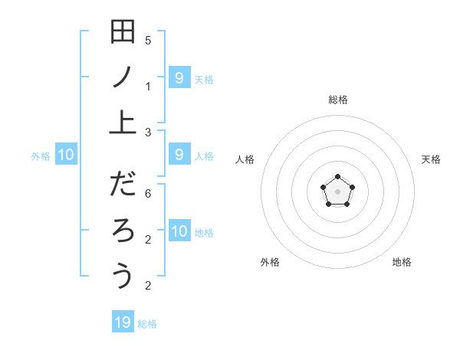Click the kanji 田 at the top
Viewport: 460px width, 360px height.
(123, 33)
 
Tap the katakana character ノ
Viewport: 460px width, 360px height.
(123, 77)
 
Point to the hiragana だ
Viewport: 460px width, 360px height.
(123, 185)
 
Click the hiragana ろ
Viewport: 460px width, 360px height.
(123, 230)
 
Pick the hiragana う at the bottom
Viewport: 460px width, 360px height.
(123, 275)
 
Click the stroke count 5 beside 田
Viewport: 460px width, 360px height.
(148, 41)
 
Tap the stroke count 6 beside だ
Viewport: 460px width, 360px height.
(148, 195)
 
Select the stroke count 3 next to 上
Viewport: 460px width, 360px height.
(148, 132)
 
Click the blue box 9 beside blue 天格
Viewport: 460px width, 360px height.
(179, 77)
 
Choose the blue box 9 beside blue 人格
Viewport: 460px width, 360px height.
(179, 155)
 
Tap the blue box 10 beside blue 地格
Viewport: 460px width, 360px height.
(179, 231)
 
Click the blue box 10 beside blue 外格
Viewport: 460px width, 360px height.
(66, 155)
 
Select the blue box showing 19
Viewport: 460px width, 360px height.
(123, 322)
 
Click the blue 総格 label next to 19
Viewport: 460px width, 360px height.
(147, 324)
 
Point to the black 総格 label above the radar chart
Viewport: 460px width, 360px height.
(338, 100)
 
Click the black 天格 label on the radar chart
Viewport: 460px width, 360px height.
(431, 159)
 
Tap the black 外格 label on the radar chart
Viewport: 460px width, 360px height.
(270, 262)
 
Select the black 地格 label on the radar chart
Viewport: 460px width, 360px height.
(402, 262)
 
